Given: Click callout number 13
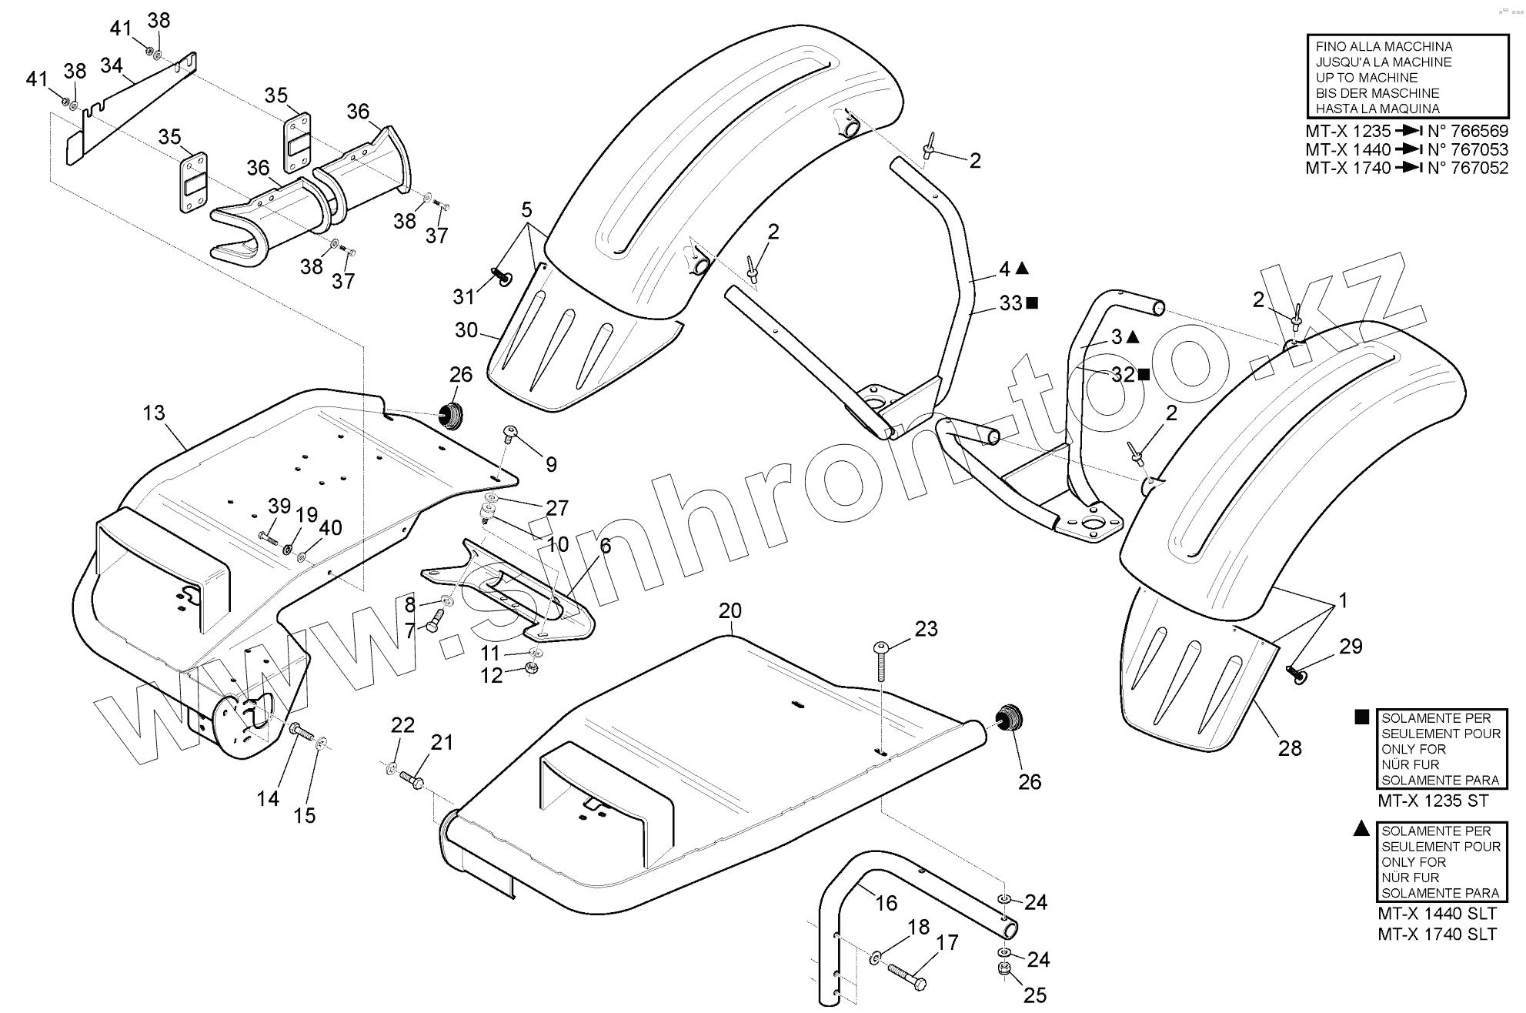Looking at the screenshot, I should [x=154, y=413].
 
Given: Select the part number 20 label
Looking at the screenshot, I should [x=730, y=611].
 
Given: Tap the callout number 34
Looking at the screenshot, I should [x=112, y=66].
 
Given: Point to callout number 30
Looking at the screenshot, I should [x=466, y=330].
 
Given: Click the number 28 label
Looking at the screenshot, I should [x=1290, y=747].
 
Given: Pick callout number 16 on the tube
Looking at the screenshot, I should [x=887, y=902].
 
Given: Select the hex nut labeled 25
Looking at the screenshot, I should [x=1005, y=968].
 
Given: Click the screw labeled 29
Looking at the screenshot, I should [x=1297, y=675].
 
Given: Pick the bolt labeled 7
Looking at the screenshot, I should [x=436, y=620].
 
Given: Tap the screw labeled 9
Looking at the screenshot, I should [x=509, y=433].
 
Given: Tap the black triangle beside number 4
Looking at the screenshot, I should [x=1022, y=268].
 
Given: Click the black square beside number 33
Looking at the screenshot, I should [x=1032, y=303].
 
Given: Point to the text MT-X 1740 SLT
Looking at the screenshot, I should [x=1437, y=934].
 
